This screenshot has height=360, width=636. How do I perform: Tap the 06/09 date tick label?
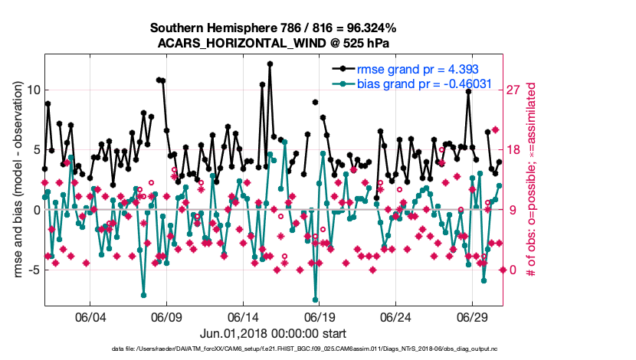[166, 316]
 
